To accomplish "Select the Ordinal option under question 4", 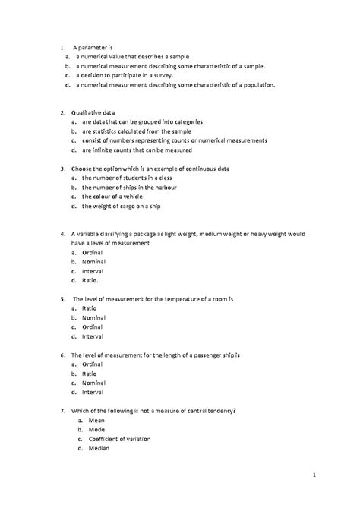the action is coord(93,251).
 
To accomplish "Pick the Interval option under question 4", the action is coord(93,270).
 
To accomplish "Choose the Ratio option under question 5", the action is coord(90,308).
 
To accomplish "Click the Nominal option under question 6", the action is coord(94,383).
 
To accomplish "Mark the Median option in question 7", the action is coord(98,448).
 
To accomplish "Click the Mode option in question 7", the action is coord(96,429).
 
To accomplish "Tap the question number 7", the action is coord(61,410).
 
